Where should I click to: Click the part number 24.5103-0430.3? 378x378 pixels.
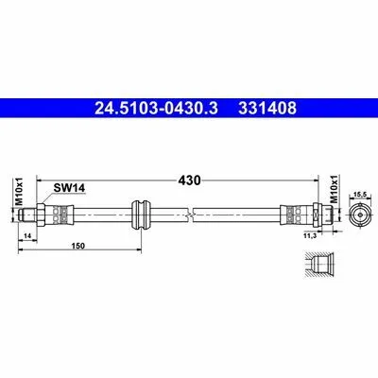pos(156,109)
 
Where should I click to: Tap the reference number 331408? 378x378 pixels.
pos(267,109)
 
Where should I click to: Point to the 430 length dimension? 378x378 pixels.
pos(189,180)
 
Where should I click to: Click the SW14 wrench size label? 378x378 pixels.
pos(69,188)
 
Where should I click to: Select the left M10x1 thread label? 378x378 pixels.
pos(20,191)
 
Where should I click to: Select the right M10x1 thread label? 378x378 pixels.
pos(334,189)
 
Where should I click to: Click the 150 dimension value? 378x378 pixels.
pos(77,246)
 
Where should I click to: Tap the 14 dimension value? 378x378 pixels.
pos(27,236)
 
